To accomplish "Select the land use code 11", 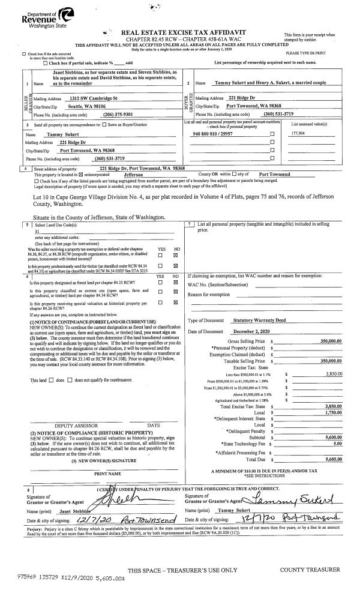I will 37,230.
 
